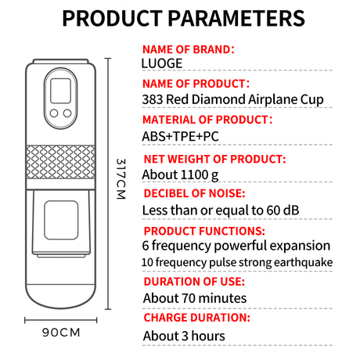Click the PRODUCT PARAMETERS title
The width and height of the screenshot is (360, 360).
click(183, 18)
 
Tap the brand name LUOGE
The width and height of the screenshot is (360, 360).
click(162, 63)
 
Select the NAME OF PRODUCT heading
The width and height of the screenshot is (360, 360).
click(196, 84)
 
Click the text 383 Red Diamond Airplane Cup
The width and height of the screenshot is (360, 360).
click(232, 99)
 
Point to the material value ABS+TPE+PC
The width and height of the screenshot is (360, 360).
click(180, 136)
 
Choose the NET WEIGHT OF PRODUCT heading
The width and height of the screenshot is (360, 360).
click(214, 159)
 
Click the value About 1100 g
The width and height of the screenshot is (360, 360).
click(180, 175)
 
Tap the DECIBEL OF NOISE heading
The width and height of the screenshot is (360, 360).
click(194, 193)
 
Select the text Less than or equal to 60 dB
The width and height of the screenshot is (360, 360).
click(221, 211)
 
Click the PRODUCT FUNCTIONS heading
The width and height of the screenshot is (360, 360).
click(204, 231)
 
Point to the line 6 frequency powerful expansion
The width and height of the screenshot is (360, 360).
click(236, 246)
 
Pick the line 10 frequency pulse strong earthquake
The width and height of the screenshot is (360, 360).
click(237, 262)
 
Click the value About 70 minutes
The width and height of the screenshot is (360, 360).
click(195, 298)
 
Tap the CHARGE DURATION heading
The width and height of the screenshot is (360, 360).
click(197, 318)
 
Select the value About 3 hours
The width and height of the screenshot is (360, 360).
click(184, 336)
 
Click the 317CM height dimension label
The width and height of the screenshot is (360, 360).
click(121, 179)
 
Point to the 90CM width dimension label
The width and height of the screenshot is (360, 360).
click(61, 333)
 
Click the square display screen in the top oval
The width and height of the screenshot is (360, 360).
click(60, 91)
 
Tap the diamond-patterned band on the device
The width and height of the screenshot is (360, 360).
click(60, 162)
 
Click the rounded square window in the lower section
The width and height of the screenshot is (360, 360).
click(61, 220)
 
